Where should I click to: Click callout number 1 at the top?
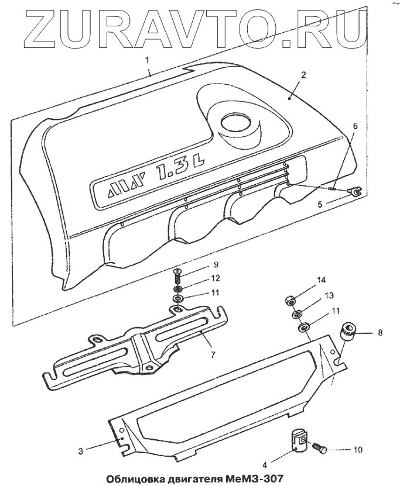click(x=147, y=60)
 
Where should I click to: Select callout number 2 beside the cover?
click(x=303, y=76)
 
